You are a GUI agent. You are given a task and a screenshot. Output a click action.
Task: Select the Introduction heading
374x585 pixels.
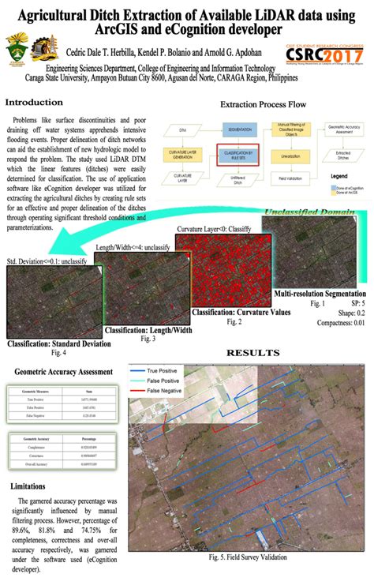pyautogui.click(x=34, y=103)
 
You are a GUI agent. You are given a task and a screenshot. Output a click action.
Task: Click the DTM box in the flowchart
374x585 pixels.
pyautogui.click(x=183, y=129)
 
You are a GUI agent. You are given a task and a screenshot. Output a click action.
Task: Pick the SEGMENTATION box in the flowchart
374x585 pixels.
pyautogui.click(x=239, y=129)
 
